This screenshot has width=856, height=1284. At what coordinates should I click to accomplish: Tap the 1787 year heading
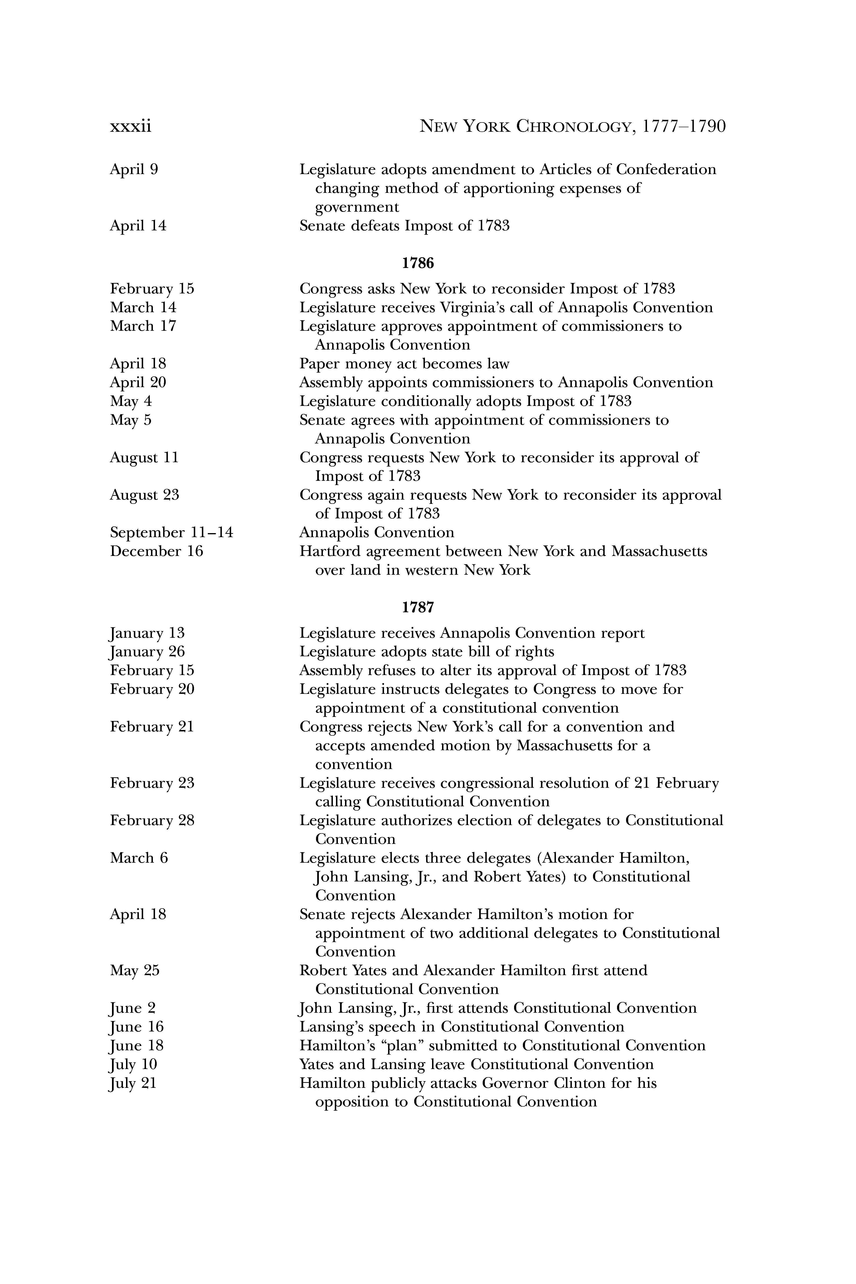point(418,607)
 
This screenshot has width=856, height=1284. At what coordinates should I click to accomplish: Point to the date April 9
point(134,170)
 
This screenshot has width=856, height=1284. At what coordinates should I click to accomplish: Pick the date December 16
point(156,551)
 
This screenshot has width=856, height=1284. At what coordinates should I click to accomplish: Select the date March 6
point(139,858)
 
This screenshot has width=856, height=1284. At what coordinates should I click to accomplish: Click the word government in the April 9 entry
point(357,207)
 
